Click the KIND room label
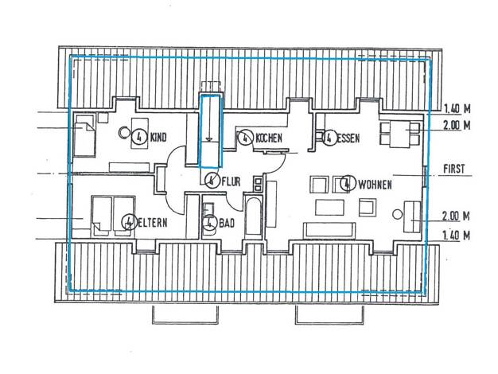coord(158,138)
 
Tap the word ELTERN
coord(152,223)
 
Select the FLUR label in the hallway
coord(231,181)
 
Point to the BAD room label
coord(227,223)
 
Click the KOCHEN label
coord(269,138)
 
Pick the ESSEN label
coord(348,138)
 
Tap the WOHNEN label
coord(375,185)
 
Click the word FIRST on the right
coord(454,169)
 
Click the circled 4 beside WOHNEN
coord(348,183)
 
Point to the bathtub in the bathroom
coord(253,217)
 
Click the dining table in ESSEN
coord(400,134)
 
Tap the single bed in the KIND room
coord(84,135)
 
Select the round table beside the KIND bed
coord(123,132)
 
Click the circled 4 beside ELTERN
coord(129,222)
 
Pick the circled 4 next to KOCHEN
coord(246,138)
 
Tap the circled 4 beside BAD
coord(210,223)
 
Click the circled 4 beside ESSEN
coord(329,138)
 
